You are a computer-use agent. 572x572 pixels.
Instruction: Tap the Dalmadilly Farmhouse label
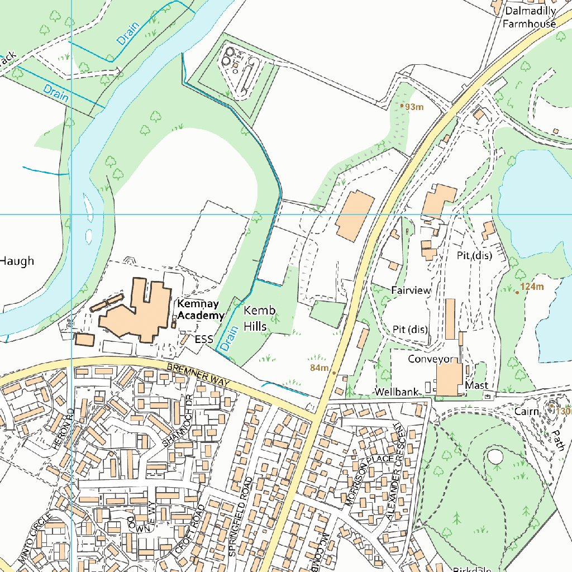pyautogui.click(x=530, y=17)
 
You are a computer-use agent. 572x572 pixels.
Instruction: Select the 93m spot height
pyautogui.click(x=414, y=107)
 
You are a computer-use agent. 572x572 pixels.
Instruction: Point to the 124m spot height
pyautogui.click(x=531, y=287)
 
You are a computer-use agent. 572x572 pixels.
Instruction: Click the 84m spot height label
pyautogui.click(x=320, y=368)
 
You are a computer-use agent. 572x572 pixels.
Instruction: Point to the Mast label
pyautogui.click(x=476, y=385)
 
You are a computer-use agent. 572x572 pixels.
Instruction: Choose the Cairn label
pyautogui.click(x=527, y=412)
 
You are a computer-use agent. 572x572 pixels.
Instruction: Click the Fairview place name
pyautogui.click(x=411, y=290)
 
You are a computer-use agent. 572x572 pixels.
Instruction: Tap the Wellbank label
pyautogui.click(x=397, y=392)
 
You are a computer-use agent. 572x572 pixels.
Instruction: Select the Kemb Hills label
pyautogui.click(x=255, y=318)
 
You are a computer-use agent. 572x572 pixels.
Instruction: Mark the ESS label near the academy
pyautogui.click(x=204, y=339)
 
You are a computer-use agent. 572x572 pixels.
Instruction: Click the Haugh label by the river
pyautogui.click(x=17, y=261)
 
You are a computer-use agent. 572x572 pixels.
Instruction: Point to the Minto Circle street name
pyautogui.click(x=35, y=537)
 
